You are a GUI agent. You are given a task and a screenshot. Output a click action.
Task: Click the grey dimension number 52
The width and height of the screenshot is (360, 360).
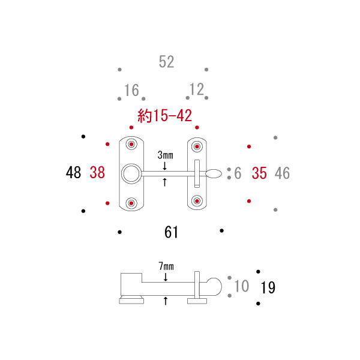[166, 62]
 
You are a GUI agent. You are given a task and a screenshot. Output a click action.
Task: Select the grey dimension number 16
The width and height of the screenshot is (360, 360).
[131, 90]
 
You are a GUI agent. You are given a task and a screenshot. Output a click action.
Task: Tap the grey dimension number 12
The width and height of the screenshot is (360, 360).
[197, 89]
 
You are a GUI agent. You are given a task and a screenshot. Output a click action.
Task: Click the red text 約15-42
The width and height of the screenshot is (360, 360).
[164, 115]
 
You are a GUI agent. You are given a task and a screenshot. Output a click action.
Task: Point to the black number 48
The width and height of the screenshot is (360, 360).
[73, 172]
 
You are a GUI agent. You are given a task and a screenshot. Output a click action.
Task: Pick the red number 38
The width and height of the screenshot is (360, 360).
[97, 172]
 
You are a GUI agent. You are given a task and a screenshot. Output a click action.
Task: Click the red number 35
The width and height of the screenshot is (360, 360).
[259, 173]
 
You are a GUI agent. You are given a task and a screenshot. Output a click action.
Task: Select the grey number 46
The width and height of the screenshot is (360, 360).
[282, 173]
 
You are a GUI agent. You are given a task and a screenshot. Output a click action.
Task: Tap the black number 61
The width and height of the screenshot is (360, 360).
[171, 232]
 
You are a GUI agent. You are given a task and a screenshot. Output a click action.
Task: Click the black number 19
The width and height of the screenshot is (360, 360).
[268, 287]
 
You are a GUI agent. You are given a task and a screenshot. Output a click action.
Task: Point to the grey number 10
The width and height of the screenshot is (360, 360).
[242, 286]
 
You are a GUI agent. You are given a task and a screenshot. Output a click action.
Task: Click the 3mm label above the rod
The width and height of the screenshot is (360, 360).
[166, 155]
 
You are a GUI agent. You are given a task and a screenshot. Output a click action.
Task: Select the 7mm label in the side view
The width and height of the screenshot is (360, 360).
[166, 266]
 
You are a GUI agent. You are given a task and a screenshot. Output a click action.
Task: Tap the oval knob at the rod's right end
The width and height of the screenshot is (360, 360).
[214, 173]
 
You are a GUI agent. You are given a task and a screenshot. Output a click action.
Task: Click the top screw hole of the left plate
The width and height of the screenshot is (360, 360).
[131, 144]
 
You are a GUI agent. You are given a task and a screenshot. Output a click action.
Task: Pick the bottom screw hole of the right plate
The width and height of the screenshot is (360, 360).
[197, 201]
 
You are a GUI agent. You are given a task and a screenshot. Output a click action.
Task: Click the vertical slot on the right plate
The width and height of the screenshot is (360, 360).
[197, 174]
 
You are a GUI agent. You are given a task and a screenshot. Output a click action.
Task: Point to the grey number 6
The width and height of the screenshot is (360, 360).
[238, 173]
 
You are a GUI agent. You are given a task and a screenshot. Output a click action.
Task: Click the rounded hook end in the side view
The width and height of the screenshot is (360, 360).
[221, 287]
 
